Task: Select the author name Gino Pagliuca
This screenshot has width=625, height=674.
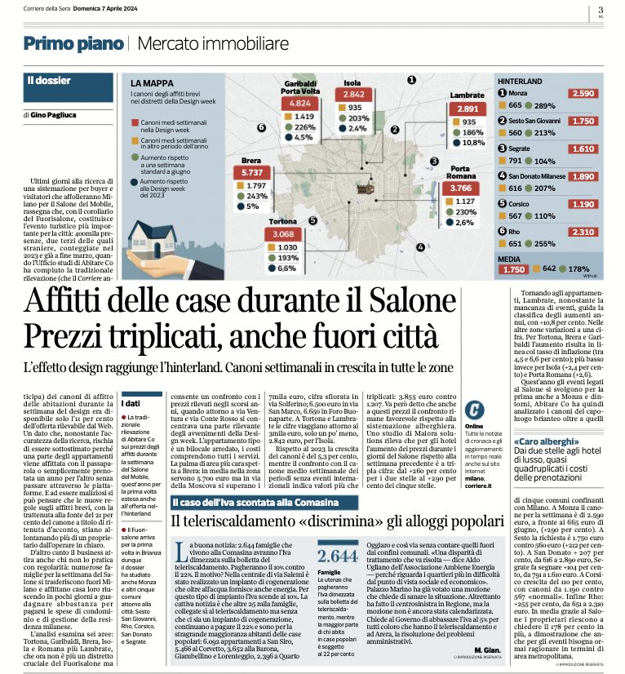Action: [60, 114]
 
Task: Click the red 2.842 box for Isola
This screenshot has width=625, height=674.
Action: [354, 95]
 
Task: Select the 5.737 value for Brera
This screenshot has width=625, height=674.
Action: [251, 173]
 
